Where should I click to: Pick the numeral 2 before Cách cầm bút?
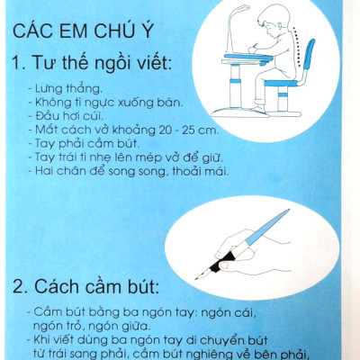(19, 288)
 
